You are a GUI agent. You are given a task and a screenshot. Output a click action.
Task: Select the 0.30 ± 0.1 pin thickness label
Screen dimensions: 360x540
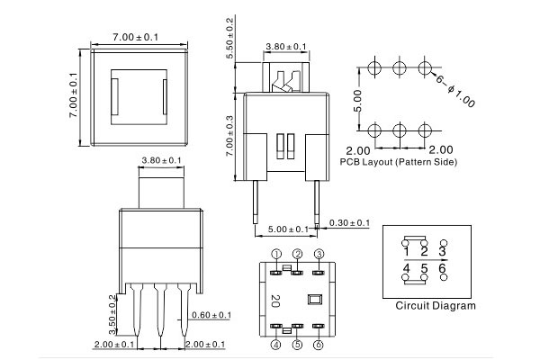tap(350, 222)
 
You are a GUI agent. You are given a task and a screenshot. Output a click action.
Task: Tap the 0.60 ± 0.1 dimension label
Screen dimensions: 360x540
tap(212, 314)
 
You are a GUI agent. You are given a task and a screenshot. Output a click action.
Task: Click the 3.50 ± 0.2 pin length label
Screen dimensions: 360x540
tap(112, 309)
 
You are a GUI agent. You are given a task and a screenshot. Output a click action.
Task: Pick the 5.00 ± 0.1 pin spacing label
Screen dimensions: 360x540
tap(288, 229)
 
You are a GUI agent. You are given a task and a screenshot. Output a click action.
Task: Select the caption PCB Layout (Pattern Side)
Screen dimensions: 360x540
tap(399, 162)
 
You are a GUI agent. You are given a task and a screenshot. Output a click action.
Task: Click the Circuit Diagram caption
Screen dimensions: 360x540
tap(436, 306)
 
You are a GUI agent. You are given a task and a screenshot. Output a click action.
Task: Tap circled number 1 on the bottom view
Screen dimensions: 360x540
tap(276, 254)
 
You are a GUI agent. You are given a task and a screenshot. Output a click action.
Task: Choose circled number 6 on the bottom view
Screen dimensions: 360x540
tap(319, 345)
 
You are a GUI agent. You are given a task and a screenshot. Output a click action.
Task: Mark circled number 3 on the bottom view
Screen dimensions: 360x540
tap(319, 254)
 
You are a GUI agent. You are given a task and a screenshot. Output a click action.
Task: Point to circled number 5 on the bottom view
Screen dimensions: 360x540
tap(297, 345)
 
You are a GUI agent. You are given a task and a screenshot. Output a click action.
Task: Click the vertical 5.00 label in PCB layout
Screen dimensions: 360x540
tap(357, 98)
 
